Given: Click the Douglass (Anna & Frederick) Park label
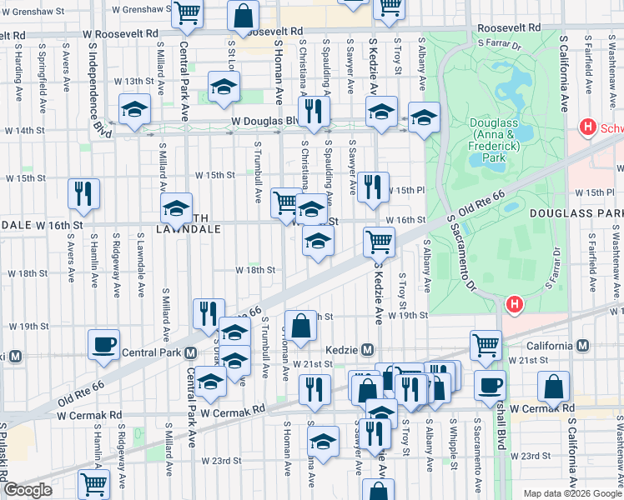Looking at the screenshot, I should pos(495,140).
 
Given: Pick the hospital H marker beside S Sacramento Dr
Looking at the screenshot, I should pos(515,305).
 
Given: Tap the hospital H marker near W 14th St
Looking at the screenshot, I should pos(587,127).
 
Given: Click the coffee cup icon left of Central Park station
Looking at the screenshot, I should pos(104,344).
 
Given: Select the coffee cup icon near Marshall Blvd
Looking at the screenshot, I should pos(490,385).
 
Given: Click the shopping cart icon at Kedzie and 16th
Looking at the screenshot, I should pos(380,242).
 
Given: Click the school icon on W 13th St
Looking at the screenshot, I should pos(224,87).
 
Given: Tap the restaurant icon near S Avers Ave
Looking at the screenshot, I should pos(84,193).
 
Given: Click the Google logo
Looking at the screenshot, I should pos(28,490).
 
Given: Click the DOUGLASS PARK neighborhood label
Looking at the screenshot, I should pos(575,214).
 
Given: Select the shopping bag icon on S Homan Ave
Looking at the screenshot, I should pos(301,325).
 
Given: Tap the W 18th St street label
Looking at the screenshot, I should pos(254,270).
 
